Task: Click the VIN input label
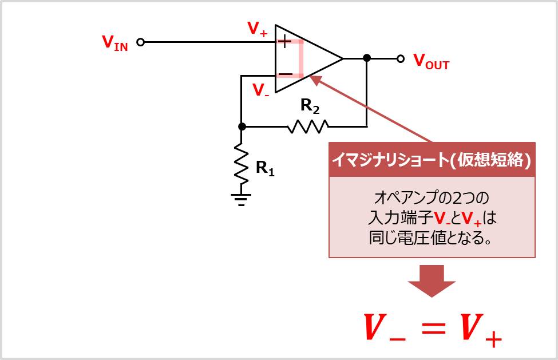click(x=114, y=43)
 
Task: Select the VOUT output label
click(x=431, y=61)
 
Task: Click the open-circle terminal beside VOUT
click(x=401, y=58)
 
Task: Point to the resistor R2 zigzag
click(x=308, y=126)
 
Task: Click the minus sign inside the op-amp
click(x=284, y=75)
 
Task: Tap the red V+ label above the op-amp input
click(x=258, y=29)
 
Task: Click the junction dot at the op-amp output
click(x=367, y=58)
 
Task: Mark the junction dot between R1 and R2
click(x=242, y=126)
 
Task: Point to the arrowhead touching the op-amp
click(x=316, y=81)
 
